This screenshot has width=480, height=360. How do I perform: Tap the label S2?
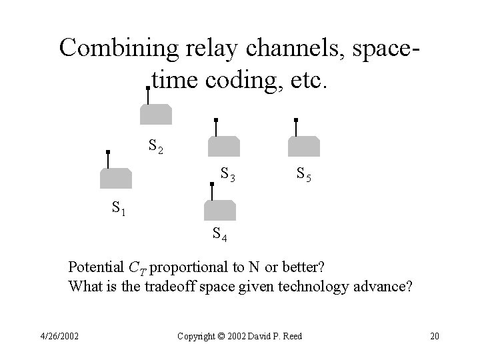coord(156,146)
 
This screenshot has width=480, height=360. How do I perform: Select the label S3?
coord(228,175)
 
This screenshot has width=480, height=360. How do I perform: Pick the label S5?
coord(304,175)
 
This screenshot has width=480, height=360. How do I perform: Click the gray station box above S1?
coord(116,178)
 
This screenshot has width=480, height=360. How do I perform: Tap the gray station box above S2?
coord(155,115)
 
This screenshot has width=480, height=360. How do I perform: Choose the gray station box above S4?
coord(220,210)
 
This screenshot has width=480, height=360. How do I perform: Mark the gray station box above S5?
coord(303,146)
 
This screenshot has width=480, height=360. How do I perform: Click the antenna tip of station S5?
coord(296,121)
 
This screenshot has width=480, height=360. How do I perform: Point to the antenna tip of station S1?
coord(108,152)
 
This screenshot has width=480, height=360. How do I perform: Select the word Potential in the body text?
coord(96,268)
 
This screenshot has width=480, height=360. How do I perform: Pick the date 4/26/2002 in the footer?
coord(58,336)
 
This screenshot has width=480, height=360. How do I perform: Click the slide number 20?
coord(434,336)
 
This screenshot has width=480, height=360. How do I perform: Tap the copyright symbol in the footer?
coord(228,336)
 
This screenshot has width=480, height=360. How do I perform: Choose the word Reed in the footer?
coord(291,336)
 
